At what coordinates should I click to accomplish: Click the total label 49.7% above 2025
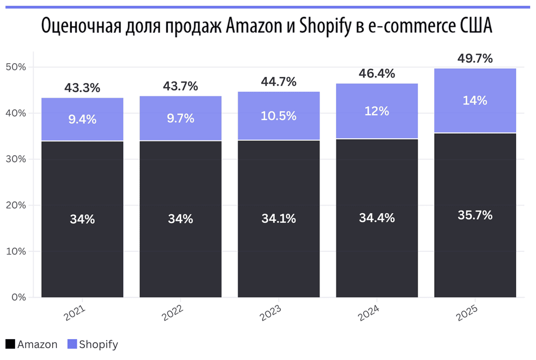pyautogui.click(x=475, y=59)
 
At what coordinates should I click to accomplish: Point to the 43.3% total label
pyautogui.click(x=82, y=88)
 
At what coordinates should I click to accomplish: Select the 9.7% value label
pyautogui.click(x=180, y=119)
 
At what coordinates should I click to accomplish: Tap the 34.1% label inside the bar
pyautogui.click(x=279, y=219)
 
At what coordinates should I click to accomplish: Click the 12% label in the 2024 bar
pyautogui.click(x=377, y=111)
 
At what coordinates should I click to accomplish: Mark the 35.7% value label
pyautogui.click(x=475, y=215)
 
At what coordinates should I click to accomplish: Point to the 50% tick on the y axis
pyautogui.click(x=16, y=67)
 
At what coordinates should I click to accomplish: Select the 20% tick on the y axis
pyautogui.click(x=16, y=205)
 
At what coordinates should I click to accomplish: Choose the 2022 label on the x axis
pyautogui.click(x=173, y=313)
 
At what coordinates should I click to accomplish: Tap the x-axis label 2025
pyautogui.click(x=467, y=313)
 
